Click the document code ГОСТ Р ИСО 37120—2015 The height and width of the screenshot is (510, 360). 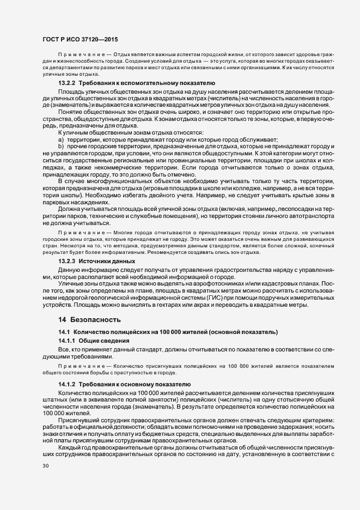coord(79,40)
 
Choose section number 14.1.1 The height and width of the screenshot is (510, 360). coord(68,341)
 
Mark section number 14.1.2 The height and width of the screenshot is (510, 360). coord(68,385)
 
